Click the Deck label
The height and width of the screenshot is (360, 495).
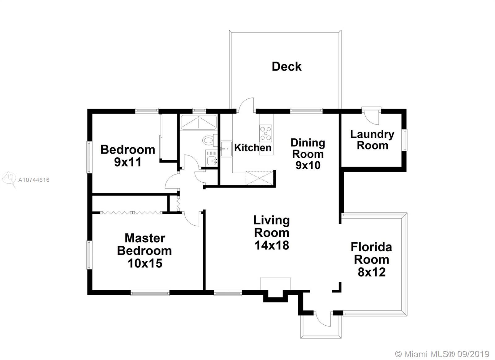pyautogui.click(x=286, y=67)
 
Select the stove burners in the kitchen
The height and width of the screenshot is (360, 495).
pyautogui.click(x=266, y=133)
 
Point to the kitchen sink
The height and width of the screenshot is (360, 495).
pyautogui.click(x=226, y=149)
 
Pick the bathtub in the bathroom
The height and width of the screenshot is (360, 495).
pyautogui.click(x=199, y=122)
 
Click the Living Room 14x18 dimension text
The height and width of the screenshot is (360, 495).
pyautogui.click(x=272, y=245)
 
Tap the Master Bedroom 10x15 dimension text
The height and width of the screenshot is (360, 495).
pyautogui.click(x=145, y=263)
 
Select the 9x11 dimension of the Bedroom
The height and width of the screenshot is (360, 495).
pyautogui.click(x=128, y=162)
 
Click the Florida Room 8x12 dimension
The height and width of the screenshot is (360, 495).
pyautogui.click(x=372, y=272)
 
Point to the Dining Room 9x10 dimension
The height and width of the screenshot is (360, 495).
pyautogui.click(x=308, y=165)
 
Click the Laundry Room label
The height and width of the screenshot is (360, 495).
pyautogui.click(x=372, y=140)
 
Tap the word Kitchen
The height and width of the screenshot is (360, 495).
pyautogui.click(x=253, y=147)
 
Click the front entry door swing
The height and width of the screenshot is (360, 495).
pyautogui.click(x=323, y=319)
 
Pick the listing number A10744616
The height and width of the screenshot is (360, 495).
pyautogui.click(x=34, y=180)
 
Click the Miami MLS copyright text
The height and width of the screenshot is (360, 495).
pyautogui.click(x=442, y=354)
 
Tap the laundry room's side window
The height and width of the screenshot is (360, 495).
pyautogui.click(x=405, y=140)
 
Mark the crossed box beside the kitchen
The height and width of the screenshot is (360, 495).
pyautogui.click(x=259, y=178)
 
